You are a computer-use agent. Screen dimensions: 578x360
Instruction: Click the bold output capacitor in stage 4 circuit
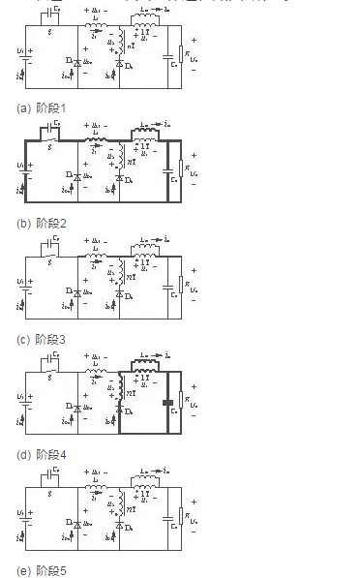point(167,403)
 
